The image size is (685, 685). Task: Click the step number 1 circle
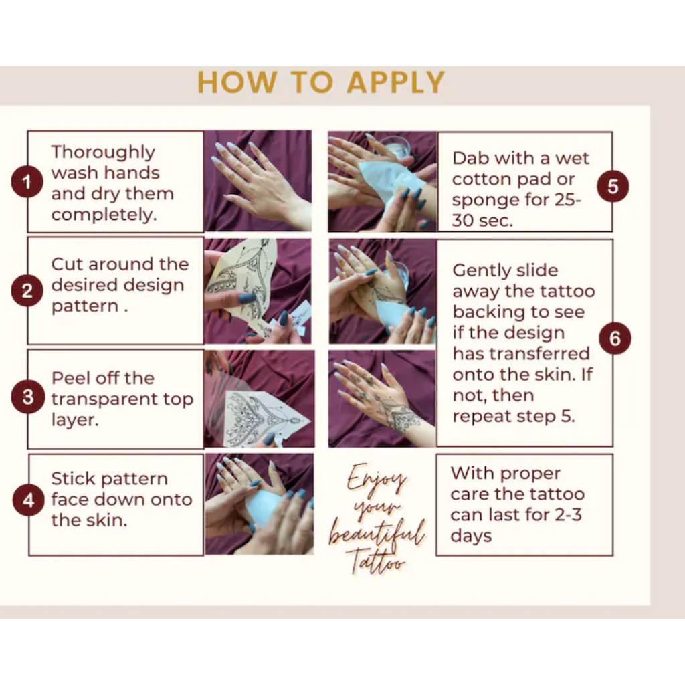tap(27, 182)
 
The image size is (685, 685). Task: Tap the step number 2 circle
tap(27, 290)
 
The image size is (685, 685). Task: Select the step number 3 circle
tap(28, 397)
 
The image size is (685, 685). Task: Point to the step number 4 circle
tap(28, 500)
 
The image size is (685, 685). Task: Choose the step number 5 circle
tap(613, 186)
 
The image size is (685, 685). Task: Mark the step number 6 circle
tap(615, 338)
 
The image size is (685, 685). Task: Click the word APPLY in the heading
tap(396, 82)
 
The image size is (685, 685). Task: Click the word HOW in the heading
tap(237, 82)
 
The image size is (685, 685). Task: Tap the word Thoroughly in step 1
tap(103, 153)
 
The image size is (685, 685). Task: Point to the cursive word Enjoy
tap(377, 478)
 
